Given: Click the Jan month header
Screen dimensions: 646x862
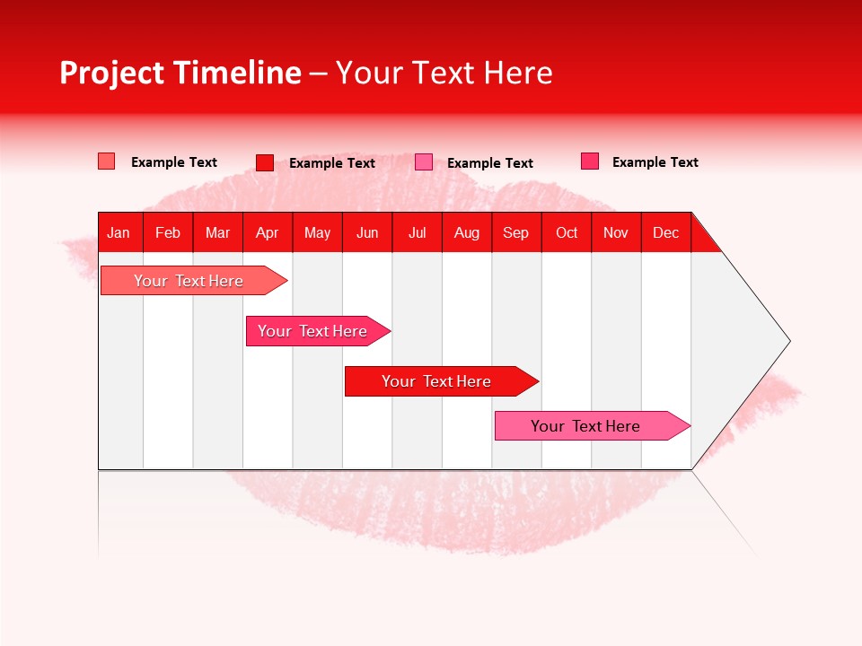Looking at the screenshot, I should [x=119, y=232].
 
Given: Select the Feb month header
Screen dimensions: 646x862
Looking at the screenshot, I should [x=168, y=232].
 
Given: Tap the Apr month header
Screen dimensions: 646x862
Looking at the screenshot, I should [x=267, y=232].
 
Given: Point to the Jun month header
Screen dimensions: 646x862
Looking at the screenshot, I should [x=367, y=232].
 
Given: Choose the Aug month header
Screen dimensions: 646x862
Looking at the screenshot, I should [x=466, y=232].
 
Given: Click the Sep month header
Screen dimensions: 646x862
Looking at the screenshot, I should [x=515, y=232].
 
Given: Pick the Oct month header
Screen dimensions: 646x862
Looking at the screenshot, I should [x=567, y=232].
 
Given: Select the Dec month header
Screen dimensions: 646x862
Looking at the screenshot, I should [x=665, y=232].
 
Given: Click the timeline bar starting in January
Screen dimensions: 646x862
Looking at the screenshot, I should [x=189, y=281].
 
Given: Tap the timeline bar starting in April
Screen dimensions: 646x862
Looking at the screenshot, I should [x=312, y=331].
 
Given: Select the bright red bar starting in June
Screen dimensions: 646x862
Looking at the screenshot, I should [x=436, y=381].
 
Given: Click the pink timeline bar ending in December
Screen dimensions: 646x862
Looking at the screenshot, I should [x=585, y=426].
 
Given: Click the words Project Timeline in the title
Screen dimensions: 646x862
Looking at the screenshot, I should [x=180, y=73].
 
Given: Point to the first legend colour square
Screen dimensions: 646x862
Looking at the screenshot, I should [x=106, y=161].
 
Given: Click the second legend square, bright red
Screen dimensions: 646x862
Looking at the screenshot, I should [x=264, y=162].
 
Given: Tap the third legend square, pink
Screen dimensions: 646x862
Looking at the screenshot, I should [x=424, y=162].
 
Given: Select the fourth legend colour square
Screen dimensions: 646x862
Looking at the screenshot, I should [x=589, y=161].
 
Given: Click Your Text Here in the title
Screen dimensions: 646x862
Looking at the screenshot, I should [x=444, y=73].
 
